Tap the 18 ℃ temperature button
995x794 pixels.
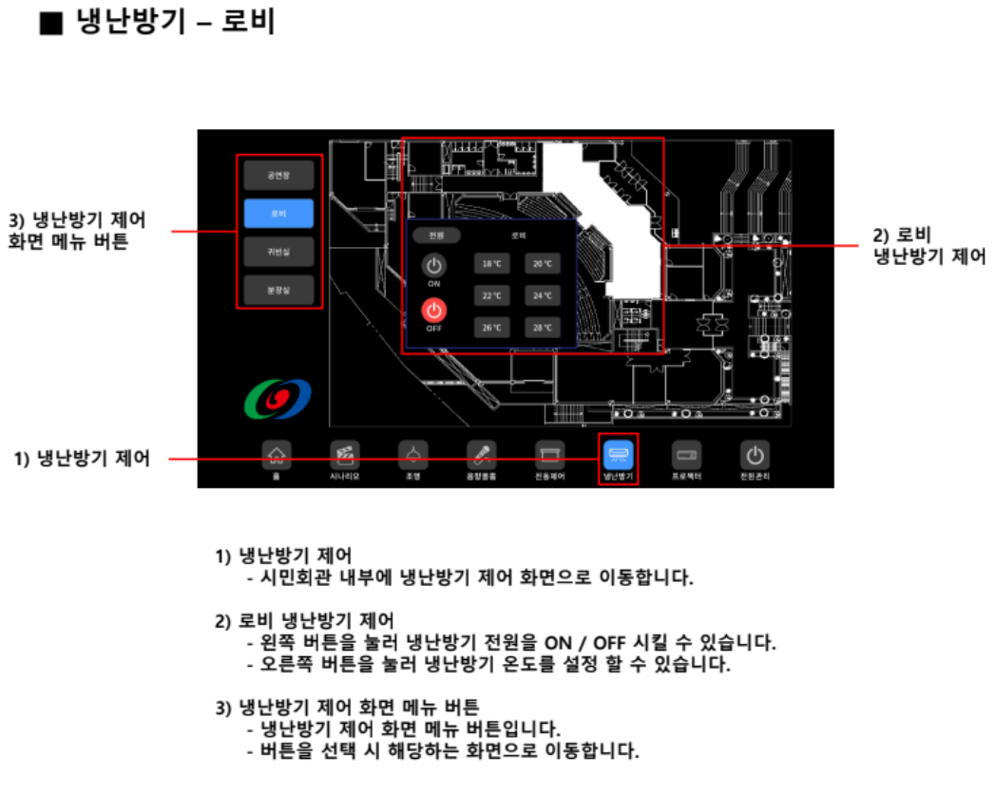pyautogui.click(x=490, y=263)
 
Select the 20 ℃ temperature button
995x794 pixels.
pyautogui.click(x=542, y=263)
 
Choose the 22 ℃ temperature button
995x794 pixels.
pyautogui.click(x=490, y=295)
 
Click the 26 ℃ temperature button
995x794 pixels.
pyautogui.click(x=490, y=328)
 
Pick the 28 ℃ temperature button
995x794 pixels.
pyautogui.click(x=542, y=328)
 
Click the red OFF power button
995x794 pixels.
pyautogui.click(x=434, y=311)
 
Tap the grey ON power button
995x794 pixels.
pyautogui.click(x=434, y=266)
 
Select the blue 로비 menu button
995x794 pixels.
pyautogui.click(x=277, y=214)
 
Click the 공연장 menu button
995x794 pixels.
pyautogui.click(x=277, y=175)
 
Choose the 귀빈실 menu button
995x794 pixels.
pyautogui.click(x=277, y=252)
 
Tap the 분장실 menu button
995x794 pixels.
pyautogui.click(x=277, y=290)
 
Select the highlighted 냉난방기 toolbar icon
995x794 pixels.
pyautogui.click(x=619, y=455)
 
